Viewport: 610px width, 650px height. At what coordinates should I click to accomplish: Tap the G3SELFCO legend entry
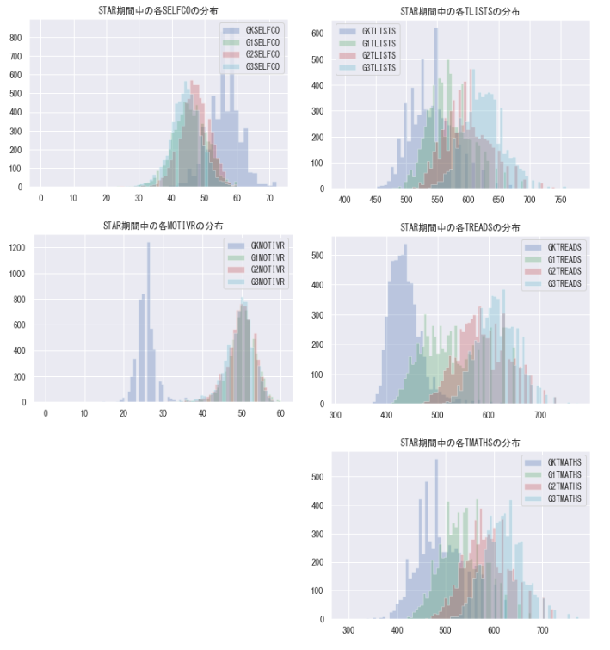(262, 66)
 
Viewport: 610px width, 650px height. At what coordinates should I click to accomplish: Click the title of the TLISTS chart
(460, 11)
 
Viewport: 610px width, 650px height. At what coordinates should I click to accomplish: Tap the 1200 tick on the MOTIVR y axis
(15, 248)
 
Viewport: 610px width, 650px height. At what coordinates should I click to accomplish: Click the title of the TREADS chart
(460, 227)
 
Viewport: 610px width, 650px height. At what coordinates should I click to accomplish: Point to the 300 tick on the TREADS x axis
(336, 415)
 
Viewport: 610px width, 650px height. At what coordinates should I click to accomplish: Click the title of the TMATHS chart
(460, 443)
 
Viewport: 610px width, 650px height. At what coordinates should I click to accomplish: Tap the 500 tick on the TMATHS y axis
(317, 476)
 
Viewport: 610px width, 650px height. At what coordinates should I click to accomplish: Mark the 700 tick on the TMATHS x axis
(542, 630)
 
